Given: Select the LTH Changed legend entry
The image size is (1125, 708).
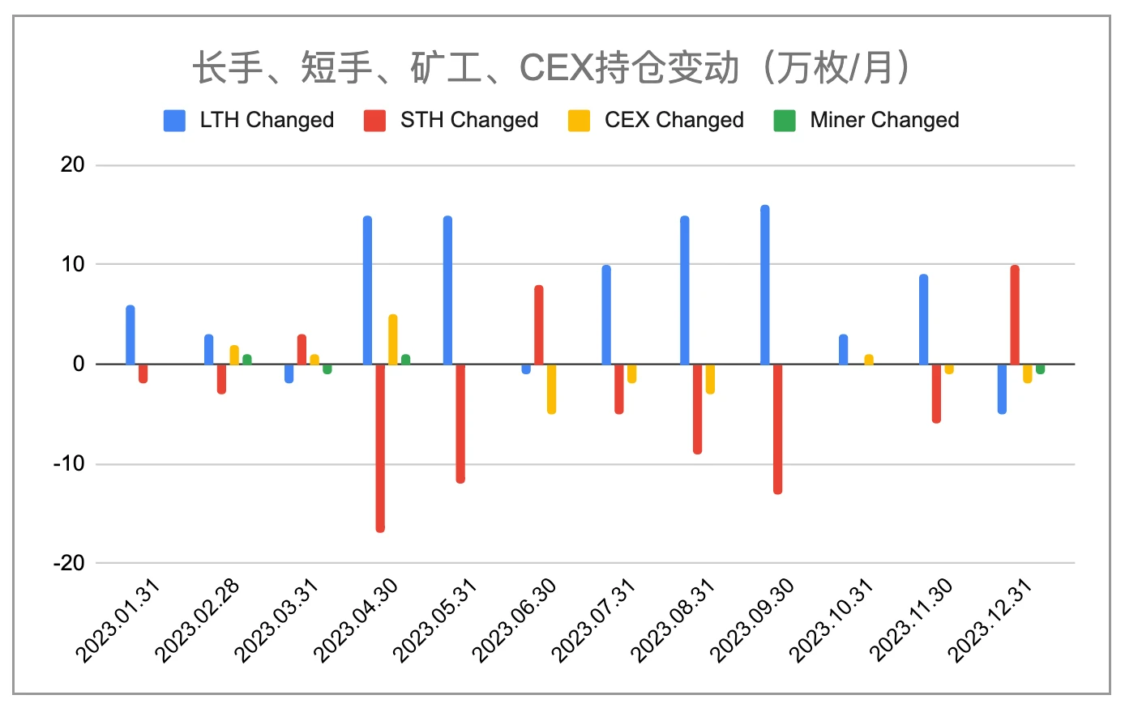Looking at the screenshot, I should click(x=249, y=120).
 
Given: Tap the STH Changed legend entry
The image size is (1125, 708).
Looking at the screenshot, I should click(x=451, y=120).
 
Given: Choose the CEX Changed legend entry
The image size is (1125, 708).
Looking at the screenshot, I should click(x=656, y=120).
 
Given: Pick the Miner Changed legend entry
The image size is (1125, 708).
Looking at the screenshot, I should click(x=866, y=120).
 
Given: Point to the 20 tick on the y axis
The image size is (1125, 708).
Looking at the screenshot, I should click(x=73, y=164).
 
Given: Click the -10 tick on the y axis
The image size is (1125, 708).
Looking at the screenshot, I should click(x=69, y=464).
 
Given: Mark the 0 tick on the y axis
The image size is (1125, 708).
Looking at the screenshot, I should click(x=79, y=364).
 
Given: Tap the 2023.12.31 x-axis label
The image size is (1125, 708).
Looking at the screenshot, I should click(x=991, y=620).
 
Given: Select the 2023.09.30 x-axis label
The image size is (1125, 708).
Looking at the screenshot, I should click(x=753, y=620).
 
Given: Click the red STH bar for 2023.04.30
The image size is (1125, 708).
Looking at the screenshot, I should click(x=380, y=447).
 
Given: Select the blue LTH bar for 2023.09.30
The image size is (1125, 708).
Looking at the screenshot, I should click(x=765, y=285).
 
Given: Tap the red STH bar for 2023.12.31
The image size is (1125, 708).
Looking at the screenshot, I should click(x=1015, y=315).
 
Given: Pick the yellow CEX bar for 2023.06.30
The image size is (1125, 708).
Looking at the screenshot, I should click(x=551, y=389).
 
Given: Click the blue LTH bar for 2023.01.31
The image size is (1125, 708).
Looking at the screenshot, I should click(x=130, y=335).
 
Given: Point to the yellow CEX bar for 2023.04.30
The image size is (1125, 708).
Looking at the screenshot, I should click(x=393, y=339).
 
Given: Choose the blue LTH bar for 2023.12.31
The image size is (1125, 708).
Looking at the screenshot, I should click(x=1002, y=389).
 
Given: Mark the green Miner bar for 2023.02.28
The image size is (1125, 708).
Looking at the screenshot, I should click(x=247, y=360).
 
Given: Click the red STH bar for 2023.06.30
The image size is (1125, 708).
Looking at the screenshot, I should click(x=539, y=325).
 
